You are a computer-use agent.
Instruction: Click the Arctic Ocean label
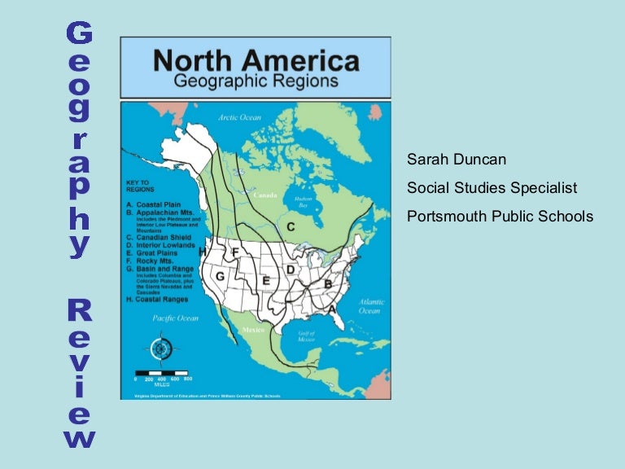[239, 118]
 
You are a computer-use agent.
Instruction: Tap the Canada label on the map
[265, 196]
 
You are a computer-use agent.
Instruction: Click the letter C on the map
[290, 226]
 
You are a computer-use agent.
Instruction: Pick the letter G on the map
[220, 277]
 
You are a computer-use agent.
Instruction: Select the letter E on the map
[265, 281]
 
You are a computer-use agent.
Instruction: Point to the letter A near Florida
[332, 309]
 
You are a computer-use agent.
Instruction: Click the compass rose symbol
[160, 348]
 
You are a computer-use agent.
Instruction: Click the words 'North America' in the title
[256, 61]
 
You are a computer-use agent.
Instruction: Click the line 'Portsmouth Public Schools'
[500, 217]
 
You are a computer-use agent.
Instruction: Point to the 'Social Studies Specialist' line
[492, 188]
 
